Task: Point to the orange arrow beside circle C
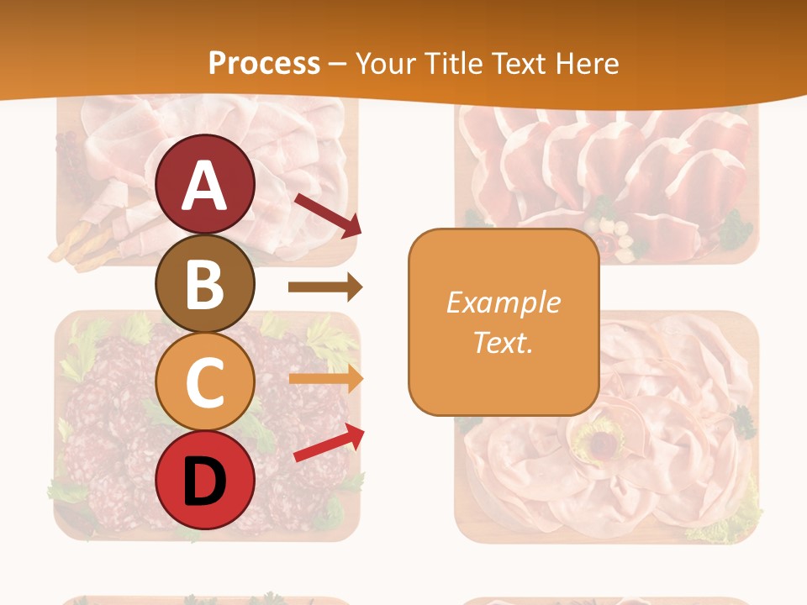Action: tap(325, 379)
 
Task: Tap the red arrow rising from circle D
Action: tap(329, 443)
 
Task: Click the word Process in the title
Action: tap(264, 63)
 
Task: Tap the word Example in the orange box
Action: tap(503, 302)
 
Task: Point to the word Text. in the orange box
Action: tap(503, 343)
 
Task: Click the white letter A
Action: tap(205, 185)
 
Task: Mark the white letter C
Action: tap(204, 383)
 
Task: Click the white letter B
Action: tap(205, 284)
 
